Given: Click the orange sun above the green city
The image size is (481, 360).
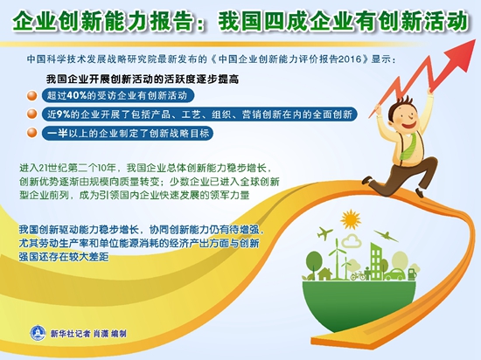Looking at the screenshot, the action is click(x=351, y=219).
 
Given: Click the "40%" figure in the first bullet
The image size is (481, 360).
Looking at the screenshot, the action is click(x=77, y=95).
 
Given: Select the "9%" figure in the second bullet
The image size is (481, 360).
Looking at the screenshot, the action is click(x=64, y=114).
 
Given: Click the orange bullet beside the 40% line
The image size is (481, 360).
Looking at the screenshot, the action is click(x=31, y=95).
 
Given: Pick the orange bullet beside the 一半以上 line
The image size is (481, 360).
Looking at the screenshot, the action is click(x=31, y=134).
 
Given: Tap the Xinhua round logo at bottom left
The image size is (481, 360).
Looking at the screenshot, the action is click(x=38, y=333).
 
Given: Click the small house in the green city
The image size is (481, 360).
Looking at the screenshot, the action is click(x=324, y=273).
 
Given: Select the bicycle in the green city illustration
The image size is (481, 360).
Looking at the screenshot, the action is click(x=359, y=276).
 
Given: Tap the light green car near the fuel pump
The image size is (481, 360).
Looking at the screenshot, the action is click(x=394, y=274).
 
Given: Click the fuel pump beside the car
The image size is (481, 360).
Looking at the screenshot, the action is click(x=412, y=273).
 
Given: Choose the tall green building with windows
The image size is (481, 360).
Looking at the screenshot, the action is click(x=376, y=261).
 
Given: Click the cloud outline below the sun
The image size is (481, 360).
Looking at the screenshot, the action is click(x=352, y=241).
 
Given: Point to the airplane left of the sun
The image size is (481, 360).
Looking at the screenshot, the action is click(x=324, y=233).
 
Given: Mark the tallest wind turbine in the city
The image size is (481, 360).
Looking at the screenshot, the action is click(x=337, y=258).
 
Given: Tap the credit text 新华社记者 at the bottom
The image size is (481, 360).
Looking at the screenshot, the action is click(x=71, y=333).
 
